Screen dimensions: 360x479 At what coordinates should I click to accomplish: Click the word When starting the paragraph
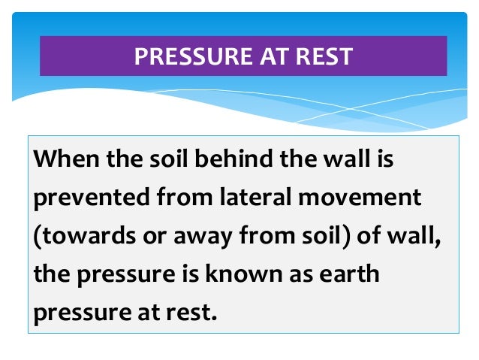(63, 161)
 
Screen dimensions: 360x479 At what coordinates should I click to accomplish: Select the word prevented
(79, 198)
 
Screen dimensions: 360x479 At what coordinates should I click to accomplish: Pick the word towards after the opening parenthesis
(78, 237)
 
